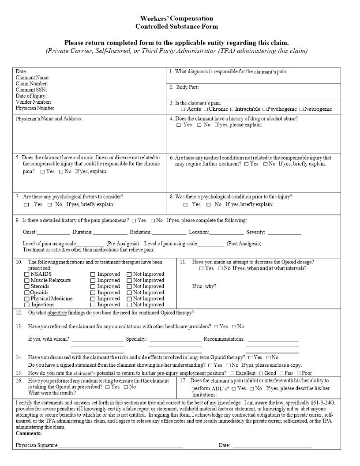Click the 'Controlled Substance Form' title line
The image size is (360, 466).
[176, 26]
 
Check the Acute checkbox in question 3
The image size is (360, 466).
[183, 109]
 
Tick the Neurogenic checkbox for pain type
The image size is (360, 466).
[301, 109]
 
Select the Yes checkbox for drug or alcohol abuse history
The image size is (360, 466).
[179, 125]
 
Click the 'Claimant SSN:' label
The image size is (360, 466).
[31, 90]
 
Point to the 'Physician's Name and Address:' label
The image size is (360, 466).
[49, 119]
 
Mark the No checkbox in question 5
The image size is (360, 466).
[61, 172]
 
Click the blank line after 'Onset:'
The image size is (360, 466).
[53, 233]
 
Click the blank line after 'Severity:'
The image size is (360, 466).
[285, 233]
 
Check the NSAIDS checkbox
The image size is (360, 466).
[27, 274]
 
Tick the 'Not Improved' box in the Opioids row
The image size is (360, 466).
[129, 293]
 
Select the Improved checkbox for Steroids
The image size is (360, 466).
[93, 286]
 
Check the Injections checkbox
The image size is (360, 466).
[27, 305]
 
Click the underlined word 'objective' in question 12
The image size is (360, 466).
[57, 313]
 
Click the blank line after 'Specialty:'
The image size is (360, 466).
[175, 340]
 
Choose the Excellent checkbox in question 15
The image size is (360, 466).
[232, 373]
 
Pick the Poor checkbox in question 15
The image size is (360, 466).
[298, 373]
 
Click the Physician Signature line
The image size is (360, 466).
[121, 446]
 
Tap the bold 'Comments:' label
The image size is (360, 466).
[29, 433]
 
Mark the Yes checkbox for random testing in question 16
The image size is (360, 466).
[107, 387]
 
